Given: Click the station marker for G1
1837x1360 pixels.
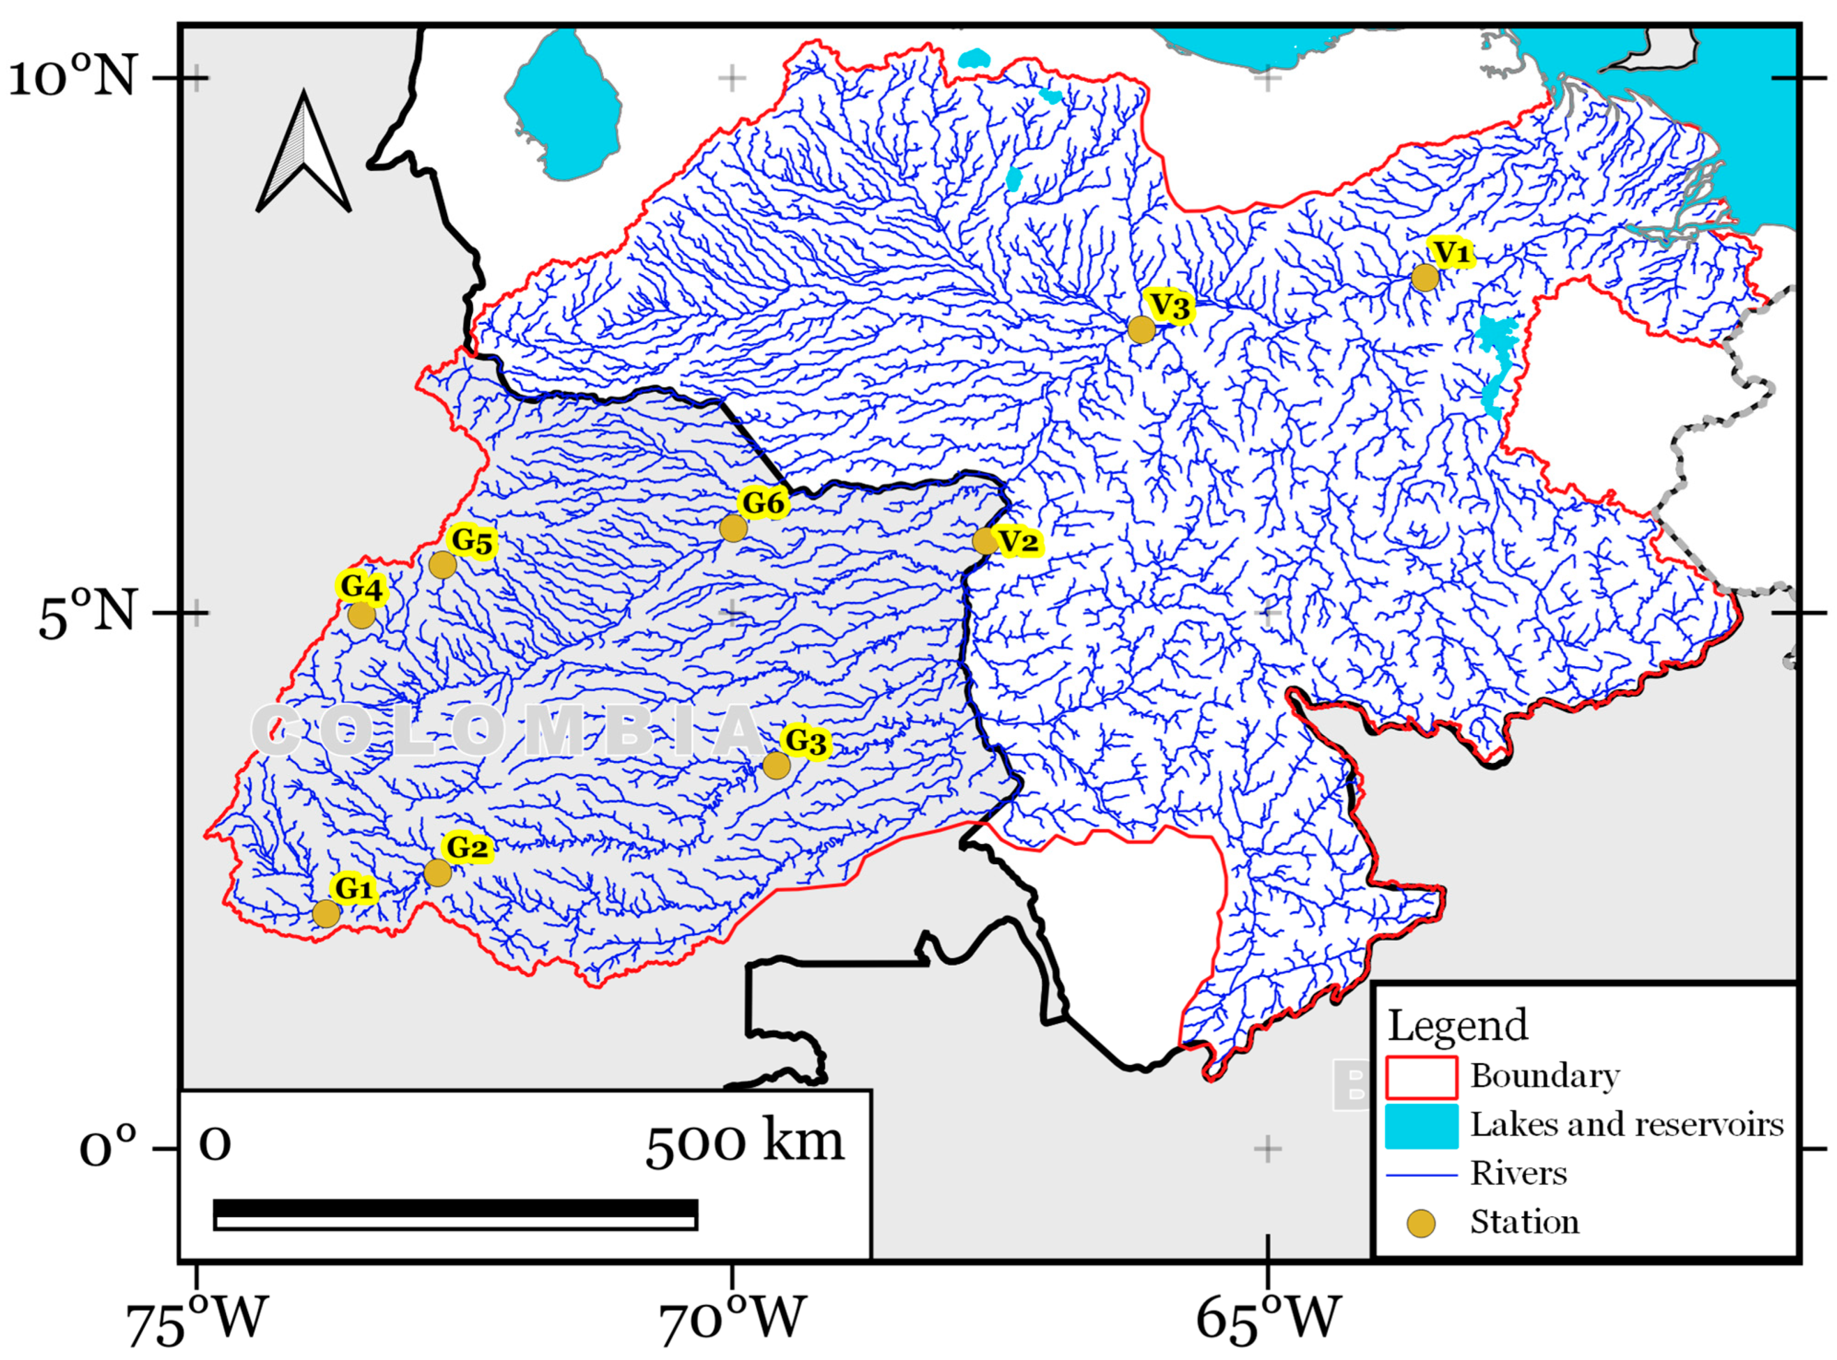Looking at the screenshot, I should [326, 914].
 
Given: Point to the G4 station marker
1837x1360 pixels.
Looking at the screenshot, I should [362, 615].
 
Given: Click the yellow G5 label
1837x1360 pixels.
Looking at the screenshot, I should [472, 542].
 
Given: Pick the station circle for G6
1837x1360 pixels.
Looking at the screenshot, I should [733, 527].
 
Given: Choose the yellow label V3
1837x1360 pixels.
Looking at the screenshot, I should [1170, 306].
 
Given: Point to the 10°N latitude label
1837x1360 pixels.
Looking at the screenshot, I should [73, 80].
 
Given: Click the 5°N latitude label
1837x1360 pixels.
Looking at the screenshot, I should [86, 615].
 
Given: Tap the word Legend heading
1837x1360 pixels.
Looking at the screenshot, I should [1457, 1026].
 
